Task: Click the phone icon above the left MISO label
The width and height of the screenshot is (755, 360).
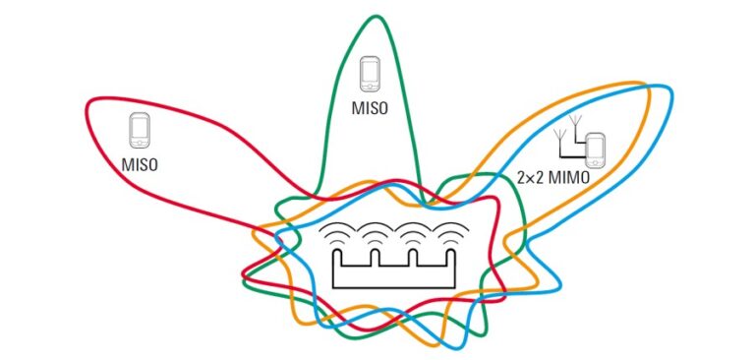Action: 140,130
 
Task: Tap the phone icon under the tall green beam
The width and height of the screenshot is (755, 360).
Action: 370,74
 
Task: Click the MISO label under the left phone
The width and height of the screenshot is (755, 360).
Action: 140,163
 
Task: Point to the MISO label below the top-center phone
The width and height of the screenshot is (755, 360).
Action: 370,108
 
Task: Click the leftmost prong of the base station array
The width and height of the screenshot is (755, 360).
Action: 336,258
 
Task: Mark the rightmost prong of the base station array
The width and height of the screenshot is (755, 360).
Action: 453,258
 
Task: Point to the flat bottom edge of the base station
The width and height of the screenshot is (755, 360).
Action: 394,286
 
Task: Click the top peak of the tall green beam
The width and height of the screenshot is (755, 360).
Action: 375,16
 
